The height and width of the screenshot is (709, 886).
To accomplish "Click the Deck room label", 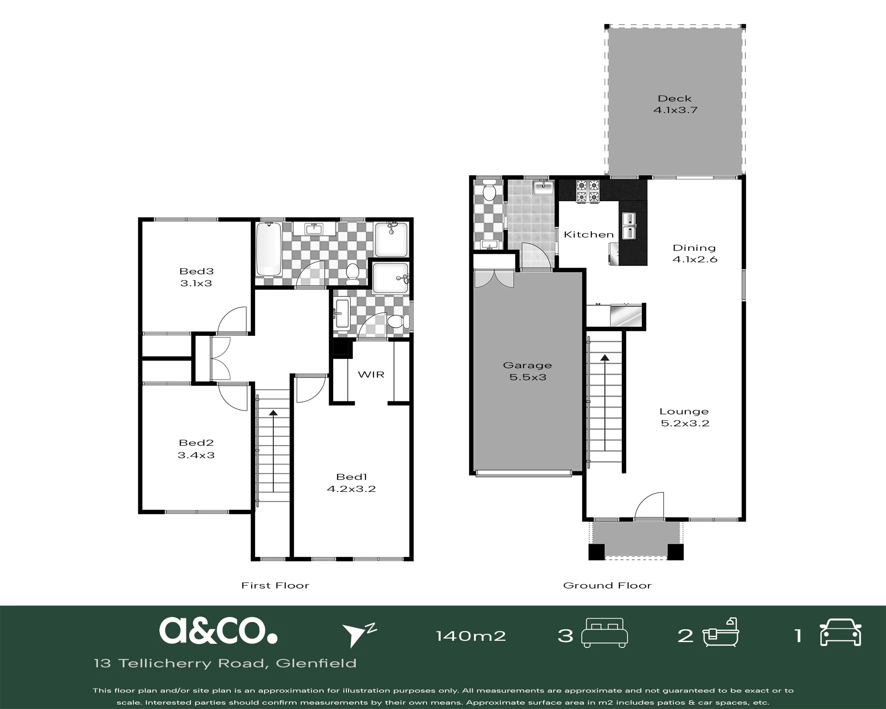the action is pos(675,104).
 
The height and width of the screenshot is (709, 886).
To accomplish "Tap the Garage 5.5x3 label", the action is pos(527,371).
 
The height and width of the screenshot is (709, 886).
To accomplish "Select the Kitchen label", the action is pos(589,234).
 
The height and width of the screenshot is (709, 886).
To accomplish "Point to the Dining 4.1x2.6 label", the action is pos(695,253).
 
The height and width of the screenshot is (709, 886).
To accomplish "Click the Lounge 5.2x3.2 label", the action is pos(685,417).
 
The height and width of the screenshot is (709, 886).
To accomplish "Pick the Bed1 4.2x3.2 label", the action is pos(351,483).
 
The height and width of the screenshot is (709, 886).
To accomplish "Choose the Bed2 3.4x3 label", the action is pos(196,449).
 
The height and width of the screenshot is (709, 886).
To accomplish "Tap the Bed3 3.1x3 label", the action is pos(196,277).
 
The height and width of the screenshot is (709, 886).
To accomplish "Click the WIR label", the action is pos(371,375).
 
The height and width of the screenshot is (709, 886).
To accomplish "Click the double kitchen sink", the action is pos(630,226).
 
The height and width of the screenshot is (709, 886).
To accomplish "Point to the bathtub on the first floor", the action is pos(269,249).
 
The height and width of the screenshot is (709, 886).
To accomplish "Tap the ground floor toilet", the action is pos(489,190).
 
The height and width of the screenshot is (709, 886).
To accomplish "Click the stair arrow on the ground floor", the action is pos(605,408).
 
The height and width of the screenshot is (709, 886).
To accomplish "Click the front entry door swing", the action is pos(649,506).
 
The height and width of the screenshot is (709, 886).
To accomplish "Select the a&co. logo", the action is pos(218,631).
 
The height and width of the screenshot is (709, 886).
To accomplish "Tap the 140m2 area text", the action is pos(471,636).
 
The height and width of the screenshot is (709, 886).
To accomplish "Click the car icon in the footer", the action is pos(840,632).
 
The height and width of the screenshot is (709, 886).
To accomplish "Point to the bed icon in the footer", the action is pos(604,633).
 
